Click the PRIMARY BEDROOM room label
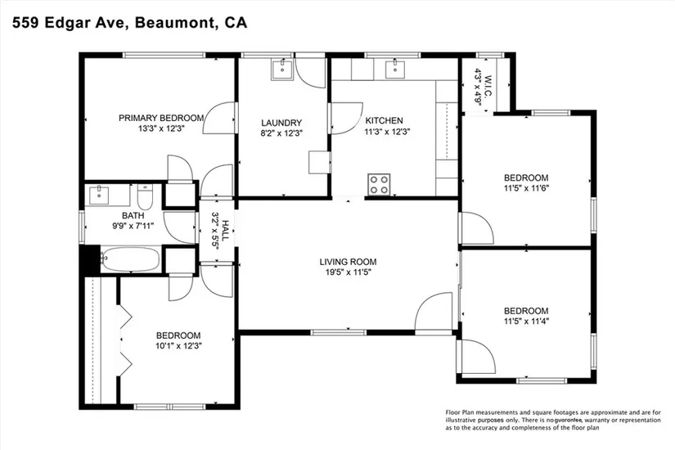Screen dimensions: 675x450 pos(161,118)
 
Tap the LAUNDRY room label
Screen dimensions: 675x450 pos(281,124)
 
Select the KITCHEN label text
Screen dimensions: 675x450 pos(384,121)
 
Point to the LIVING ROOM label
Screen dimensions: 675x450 pos(348,262)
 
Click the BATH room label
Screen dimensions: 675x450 pos(133,216)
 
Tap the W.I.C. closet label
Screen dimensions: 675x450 pos(488,86)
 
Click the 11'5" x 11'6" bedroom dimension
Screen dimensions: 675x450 pos(526,188)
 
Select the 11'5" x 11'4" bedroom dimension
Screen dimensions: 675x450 pos(526,322)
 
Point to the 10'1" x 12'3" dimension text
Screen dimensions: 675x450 pos(178,345)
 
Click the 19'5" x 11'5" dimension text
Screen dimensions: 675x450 pos(348,272)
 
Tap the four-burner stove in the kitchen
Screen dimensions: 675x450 pos(379,184)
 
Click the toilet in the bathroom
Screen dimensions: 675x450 pos(145,197)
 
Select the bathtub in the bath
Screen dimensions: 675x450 pos(130,259)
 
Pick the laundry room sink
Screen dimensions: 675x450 pos(282,70)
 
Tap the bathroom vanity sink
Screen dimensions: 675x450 pos(100,196)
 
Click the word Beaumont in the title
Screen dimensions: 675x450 pos(175,23)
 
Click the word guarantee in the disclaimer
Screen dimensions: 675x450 pos(568,420)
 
